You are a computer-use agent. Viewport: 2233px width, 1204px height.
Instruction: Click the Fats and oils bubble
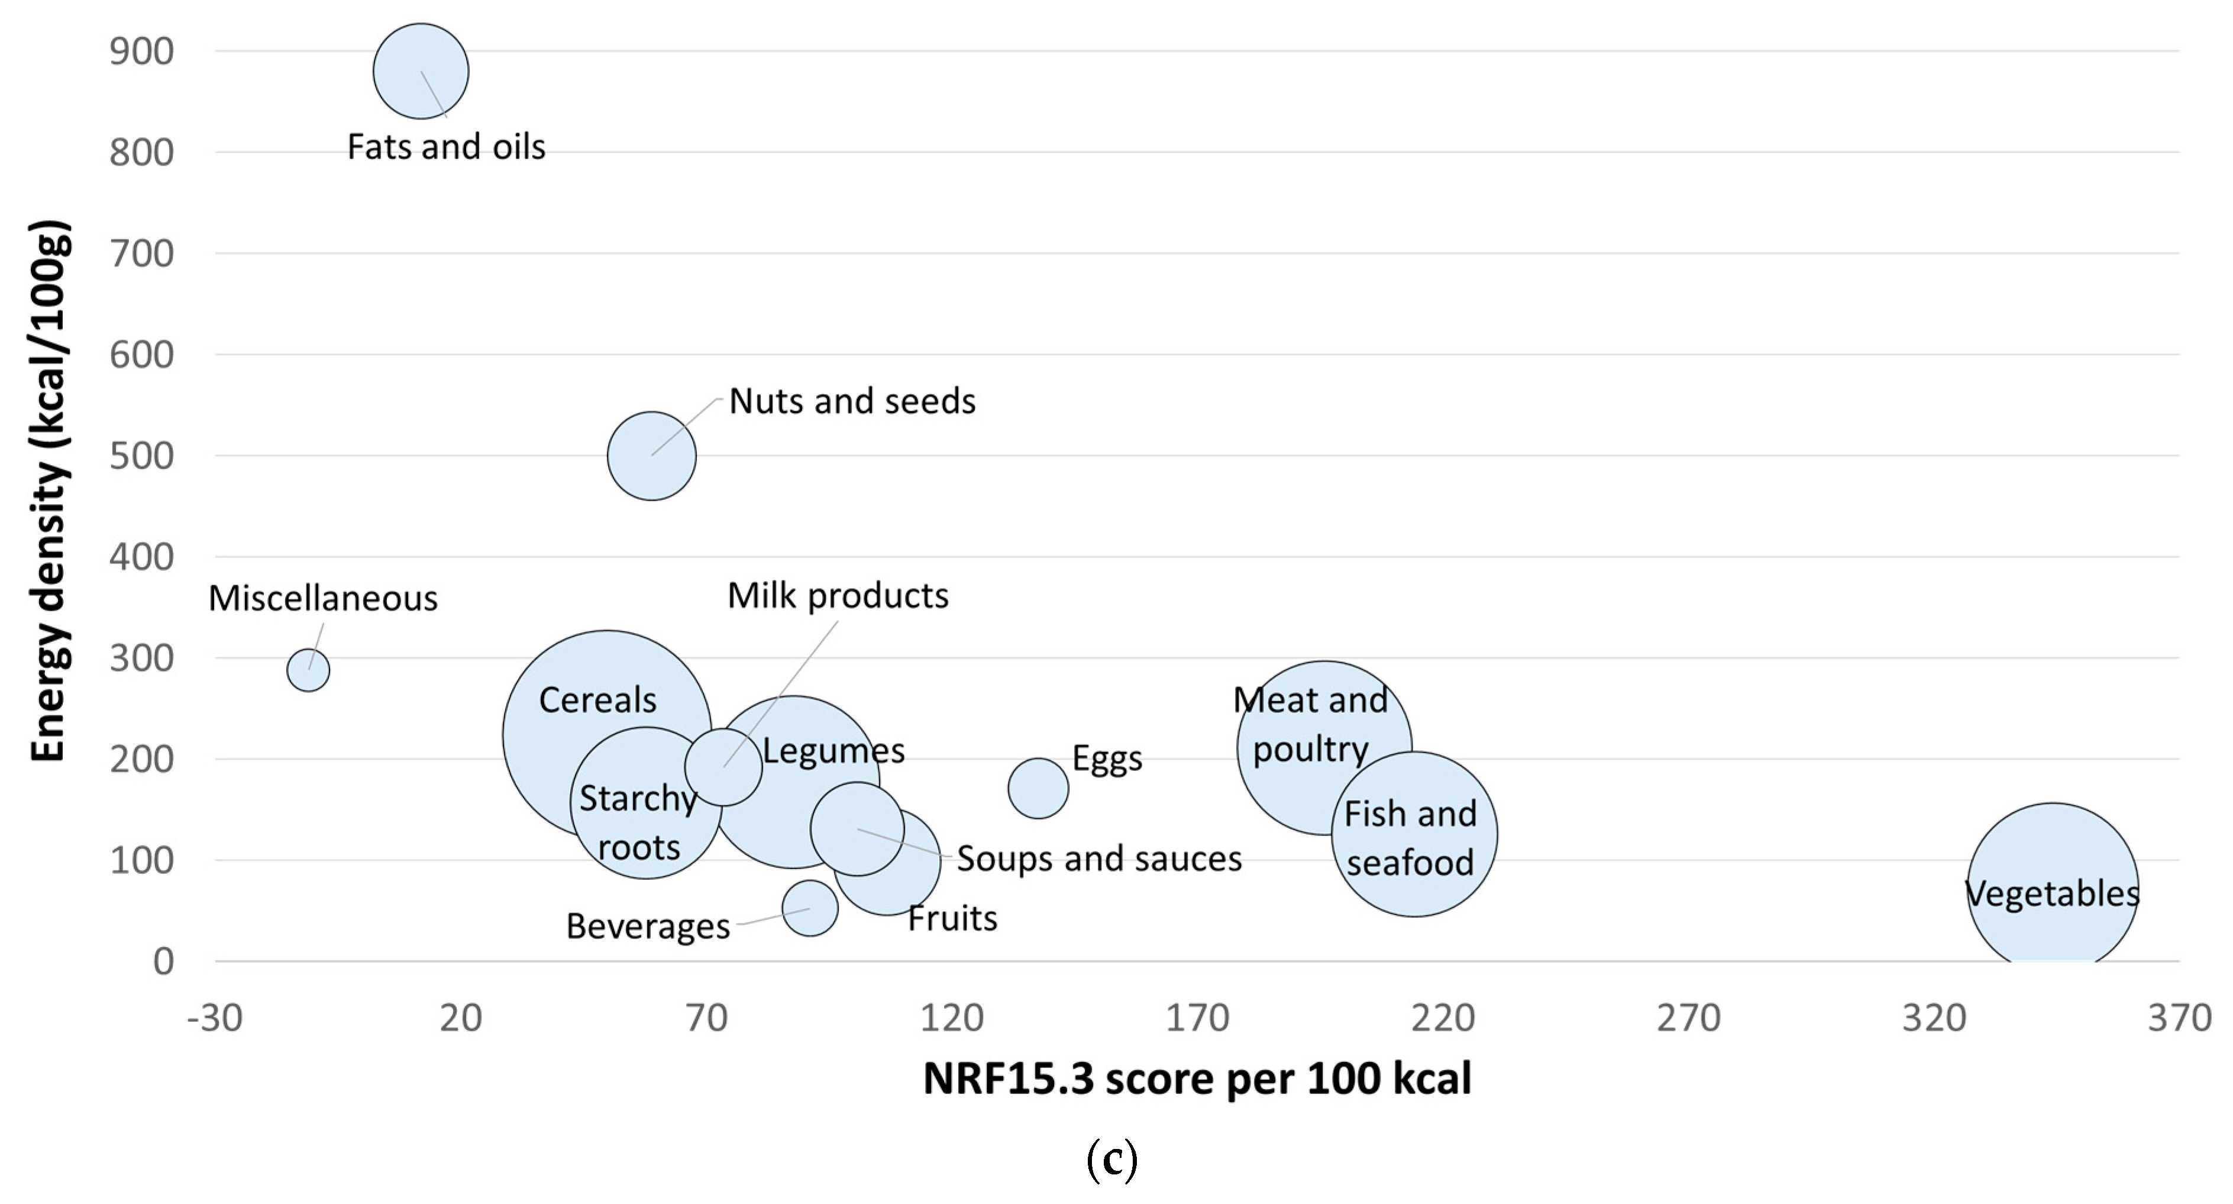tap(421, 71)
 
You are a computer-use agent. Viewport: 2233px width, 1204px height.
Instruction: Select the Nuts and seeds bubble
tap(651, 456)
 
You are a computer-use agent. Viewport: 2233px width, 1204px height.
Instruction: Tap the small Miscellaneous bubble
tap(308, 670)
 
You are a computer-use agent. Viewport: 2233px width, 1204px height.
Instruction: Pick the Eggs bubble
tap(1038, 788)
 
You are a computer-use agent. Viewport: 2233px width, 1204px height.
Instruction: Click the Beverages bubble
tap(810, 908)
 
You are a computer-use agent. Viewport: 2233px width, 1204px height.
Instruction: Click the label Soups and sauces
tap(1098, 859)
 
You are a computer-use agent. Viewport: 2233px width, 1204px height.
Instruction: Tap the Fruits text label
tap(952, 918)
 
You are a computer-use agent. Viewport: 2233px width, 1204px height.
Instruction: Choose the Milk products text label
tap(838, 596)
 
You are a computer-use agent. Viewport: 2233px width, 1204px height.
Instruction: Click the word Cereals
tap(597, 699)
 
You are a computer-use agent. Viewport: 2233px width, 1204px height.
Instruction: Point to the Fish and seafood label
tap(1410, 838)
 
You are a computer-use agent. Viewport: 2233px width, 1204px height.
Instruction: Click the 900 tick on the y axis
tap(141, 52)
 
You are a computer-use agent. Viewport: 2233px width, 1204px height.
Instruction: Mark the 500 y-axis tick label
tap(141, 456)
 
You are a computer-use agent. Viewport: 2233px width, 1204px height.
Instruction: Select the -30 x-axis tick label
tap(215, 1018)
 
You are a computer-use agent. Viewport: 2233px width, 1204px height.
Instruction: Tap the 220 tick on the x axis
tap(1443, 1018)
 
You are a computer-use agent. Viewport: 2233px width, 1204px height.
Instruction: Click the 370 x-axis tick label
tap(2179, 1018)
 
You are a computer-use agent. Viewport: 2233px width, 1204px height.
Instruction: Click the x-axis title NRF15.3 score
tap(1196, 1079)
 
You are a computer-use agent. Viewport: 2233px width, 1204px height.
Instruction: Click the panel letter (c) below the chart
tap(1111, 1160)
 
